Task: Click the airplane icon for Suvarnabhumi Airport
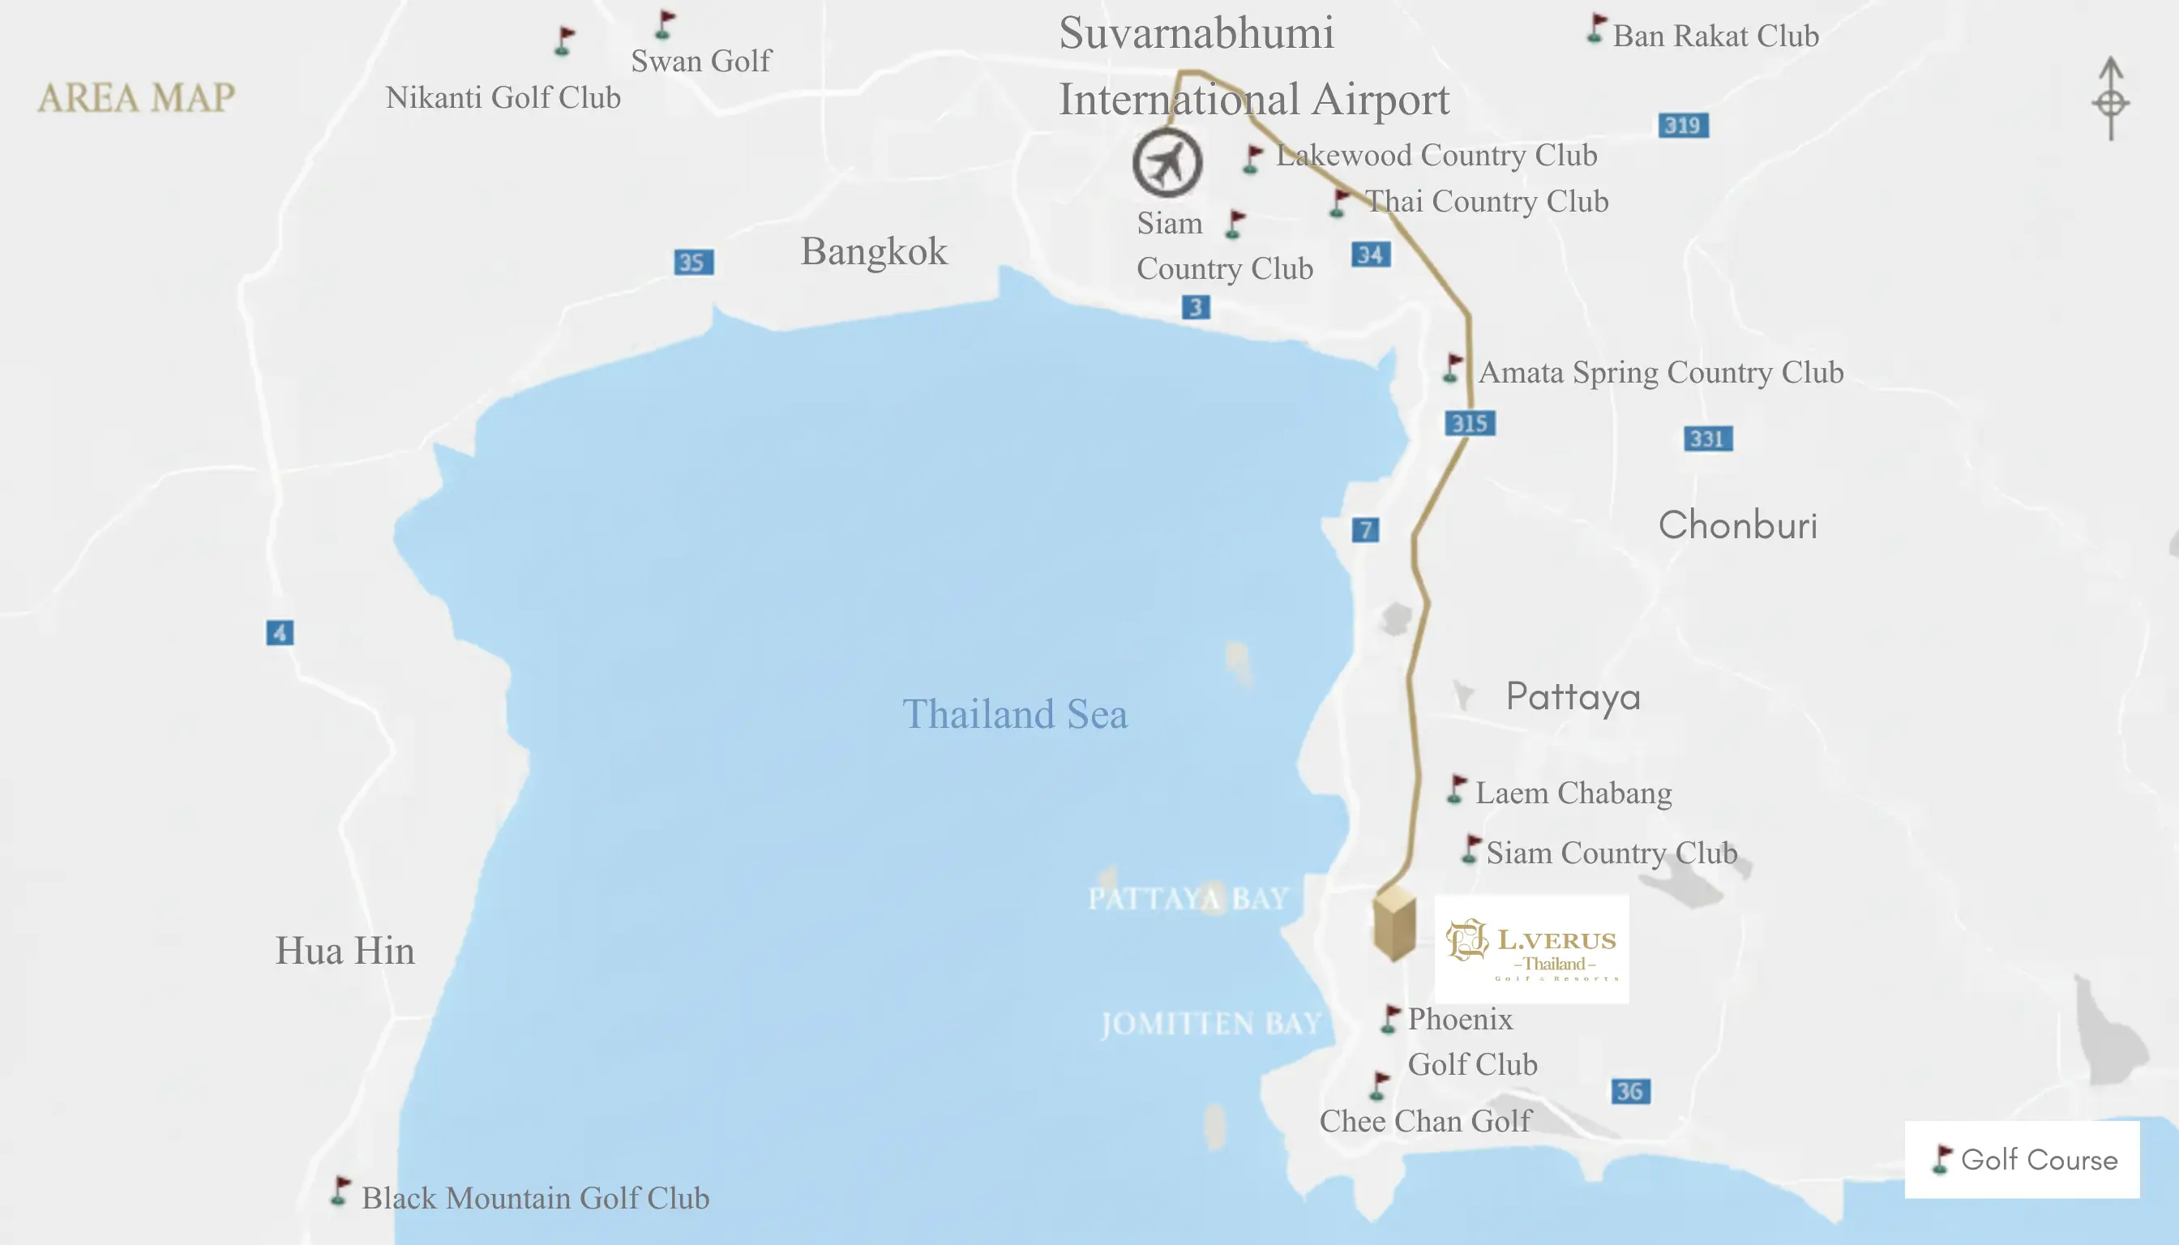click(x=1167, y=162)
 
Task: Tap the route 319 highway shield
click(x=1682, y=126)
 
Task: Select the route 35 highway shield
click(x=693, y=262)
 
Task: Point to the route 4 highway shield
click(x=280, y=633)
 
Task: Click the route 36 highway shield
click(x=1630, y=1091)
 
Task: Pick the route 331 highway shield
click(x=1707, y=439)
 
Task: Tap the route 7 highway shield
click(x=1365, y=530)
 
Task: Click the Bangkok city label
click(x=873, y=251)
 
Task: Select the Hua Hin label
click(x=345, y=951)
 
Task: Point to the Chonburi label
click(x=1737, y=525)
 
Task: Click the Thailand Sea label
click(x=1014, y=714)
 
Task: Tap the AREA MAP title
click(x=136, y=97)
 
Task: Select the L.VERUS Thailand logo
click(x=1530, y=949)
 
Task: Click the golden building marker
click(x=1394, y=923)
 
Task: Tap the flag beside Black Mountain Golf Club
click(x=340, y=1192)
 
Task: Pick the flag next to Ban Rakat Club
click(x=1595, y=29)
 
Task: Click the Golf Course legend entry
click(x=2023, y=1160)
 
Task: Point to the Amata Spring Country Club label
click(x=1660, y=373)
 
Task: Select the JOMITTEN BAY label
click(x=1210, y=1024)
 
